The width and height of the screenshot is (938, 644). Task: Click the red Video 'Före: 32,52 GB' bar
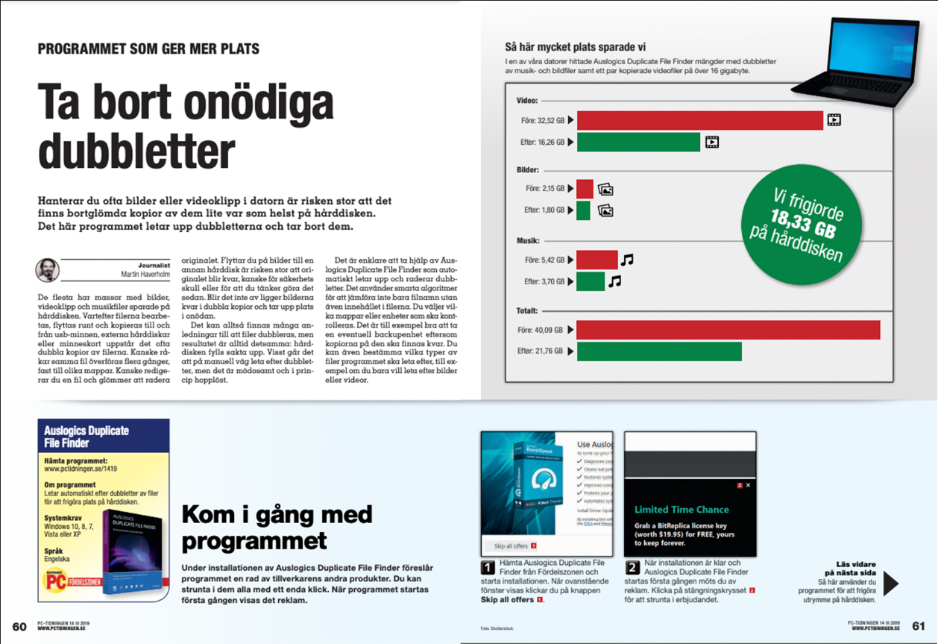(699, 120)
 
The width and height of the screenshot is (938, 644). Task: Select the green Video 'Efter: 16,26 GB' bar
(638, 142)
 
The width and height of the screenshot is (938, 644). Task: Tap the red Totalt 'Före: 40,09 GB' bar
(728, 330)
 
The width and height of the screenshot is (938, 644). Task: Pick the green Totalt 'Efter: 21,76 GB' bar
(658, 351)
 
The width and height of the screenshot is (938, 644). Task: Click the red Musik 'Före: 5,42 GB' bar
(597, 260)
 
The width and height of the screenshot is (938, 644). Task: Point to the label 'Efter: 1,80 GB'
(544, 210)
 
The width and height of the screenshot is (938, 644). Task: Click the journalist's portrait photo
(47, 269)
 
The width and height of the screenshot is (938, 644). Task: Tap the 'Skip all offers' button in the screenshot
(512, 546)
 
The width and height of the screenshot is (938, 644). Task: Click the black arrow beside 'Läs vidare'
(890, 583)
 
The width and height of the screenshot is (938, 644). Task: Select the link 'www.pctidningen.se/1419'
(81, 469)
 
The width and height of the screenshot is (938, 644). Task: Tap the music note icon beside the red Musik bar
(627, 260)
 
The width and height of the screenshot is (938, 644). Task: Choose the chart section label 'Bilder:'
(528, 170)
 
